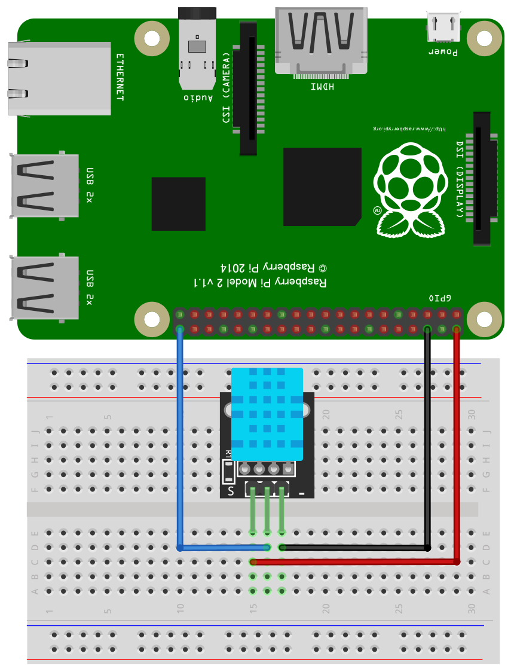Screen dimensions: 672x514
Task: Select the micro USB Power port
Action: click(443, 27)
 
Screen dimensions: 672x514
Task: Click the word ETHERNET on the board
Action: click(120, 77)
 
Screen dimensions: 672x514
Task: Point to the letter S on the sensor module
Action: click(231, 492)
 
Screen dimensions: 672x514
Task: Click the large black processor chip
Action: click(322, 187)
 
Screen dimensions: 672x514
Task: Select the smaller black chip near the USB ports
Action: click(178, 203)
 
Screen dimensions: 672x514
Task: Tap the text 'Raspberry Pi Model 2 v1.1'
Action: click(261, 281)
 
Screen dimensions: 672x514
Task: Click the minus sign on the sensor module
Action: click(302, 494)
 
